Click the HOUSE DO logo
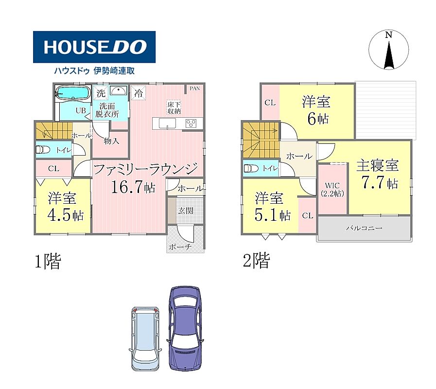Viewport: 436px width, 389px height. [94, 47]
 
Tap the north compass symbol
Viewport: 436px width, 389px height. [389, 50]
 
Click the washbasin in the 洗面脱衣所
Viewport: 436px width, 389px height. [119, 90]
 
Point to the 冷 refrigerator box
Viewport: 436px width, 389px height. [138, 93]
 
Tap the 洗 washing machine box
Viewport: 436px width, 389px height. [101, 93]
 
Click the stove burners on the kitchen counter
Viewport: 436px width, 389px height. [191, 124]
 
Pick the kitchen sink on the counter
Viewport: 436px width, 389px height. [167, 124]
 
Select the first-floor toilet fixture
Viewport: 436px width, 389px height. [43, 150]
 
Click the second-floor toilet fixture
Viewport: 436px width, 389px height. [251, 168]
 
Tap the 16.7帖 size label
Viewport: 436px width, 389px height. [133, 187]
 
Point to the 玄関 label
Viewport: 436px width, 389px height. [186, 211]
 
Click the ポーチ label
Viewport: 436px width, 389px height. [180, 247]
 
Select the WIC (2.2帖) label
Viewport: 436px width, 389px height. [332, 190]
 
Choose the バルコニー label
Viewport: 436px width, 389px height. [364, 228]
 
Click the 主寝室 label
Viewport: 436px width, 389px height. [377, 165]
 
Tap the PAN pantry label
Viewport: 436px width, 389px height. [195, 88]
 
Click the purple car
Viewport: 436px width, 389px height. [185, 329]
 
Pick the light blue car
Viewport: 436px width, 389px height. [145, 338]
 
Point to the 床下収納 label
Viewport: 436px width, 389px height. [174, 108]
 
